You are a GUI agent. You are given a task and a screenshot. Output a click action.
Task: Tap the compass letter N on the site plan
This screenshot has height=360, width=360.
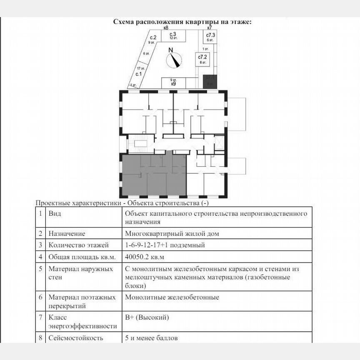(x=170, y=50)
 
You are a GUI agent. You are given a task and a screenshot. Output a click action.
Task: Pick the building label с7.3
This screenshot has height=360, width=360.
(x=210, y=36)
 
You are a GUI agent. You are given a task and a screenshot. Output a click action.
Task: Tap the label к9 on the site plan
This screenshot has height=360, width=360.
(x=173, y=83)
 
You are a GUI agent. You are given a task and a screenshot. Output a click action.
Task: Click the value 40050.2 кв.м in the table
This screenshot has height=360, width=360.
(x=145, y=257)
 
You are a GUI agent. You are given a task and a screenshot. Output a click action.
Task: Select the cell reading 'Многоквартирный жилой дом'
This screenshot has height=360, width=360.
(x=172, y=234)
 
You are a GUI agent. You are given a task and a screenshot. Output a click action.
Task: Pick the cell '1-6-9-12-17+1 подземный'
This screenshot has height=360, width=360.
(x=165, y=245)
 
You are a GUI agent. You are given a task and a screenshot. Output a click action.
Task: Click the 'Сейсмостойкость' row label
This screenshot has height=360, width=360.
(x=76, y=338)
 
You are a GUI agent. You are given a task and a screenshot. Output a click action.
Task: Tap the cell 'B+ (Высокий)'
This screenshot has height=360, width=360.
(x=147, y=318)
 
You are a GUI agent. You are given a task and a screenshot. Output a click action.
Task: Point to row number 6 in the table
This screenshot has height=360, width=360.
(x=40, y=297)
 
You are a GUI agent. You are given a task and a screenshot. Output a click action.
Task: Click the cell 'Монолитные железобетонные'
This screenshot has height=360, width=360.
(x=172, y=297)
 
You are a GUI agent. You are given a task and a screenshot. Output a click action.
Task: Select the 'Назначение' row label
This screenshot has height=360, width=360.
(x=67, y=234)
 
